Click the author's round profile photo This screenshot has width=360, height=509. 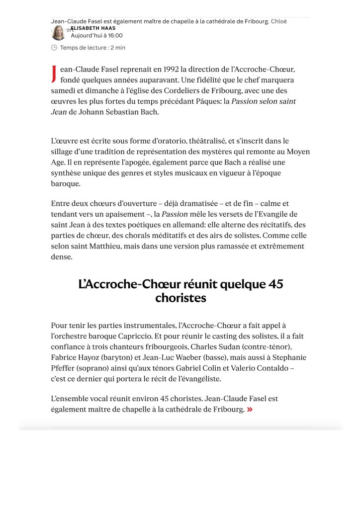click(58, 33)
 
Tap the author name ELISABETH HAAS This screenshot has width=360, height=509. click(93, 28)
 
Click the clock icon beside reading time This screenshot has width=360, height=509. click(54, 48)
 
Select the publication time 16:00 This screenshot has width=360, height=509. click(114, 36)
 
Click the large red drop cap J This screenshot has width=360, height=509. click(54, 74)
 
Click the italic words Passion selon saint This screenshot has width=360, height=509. click(264, 101)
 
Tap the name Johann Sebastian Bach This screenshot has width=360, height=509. click(119, 112)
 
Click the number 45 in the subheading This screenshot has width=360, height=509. click(275, 284)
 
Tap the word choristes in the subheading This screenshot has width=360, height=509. click(180, 298)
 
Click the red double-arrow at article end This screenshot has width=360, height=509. click(250, 409)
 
